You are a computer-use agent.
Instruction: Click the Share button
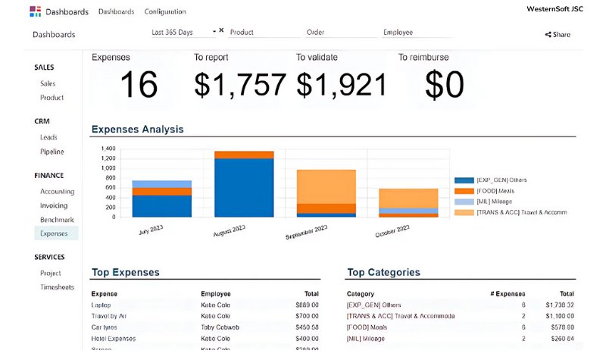tap(558, 34)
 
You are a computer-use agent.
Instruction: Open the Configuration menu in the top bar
tap(164, 11)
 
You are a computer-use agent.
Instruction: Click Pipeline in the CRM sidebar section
tap(52, 152)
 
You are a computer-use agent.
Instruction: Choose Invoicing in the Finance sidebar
tap(54, 205)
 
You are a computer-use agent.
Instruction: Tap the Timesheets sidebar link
tap(57, 287)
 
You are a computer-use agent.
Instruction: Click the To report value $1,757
tap(240, 85)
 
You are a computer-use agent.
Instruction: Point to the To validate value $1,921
tap(342, 85)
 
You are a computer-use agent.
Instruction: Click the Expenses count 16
tap(139, 85)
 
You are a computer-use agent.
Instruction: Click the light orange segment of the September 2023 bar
tap(326, 186)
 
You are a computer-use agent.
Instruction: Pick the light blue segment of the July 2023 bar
tap(161, 184)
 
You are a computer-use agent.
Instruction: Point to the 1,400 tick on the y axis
tap(108, 149)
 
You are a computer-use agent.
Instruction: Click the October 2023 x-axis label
tap(393, 230)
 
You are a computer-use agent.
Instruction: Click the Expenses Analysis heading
tap(137, 129)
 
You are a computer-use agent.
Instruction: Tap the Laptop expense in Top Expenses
tap(101, 305)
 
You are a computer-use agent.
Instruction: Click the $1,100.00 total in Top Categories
tap(561, 315)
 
